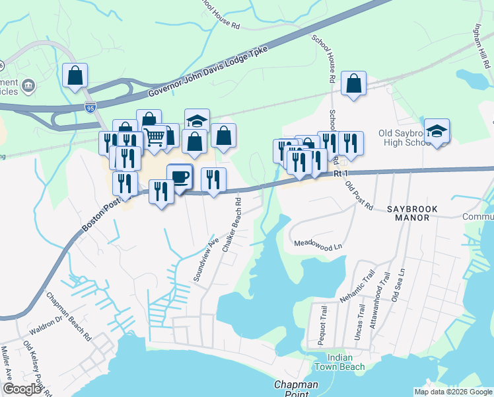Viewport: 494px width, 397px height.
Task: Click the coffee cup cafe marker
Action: click(180, 176)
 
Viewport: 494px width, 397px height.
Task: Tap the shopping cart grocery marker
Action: click(154, 137)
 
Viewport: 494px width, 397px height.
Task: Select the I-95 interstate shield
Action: click(90, 106)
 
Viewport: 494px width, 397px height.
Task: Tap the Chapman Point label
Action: click(297, 388)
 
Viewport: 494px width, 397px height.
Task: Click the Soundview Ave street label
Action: click(205, 259)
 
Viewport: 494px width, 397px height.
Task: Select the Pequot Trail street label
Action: click(324, 325)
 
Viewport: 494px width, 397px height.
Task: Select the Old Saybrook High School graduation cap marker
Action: click(437, 130)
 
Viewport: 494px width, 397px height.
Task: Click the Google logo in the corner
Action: click(22, 390)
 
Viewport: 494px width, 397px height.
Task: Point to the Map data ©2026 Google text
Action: click(453, 392)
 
